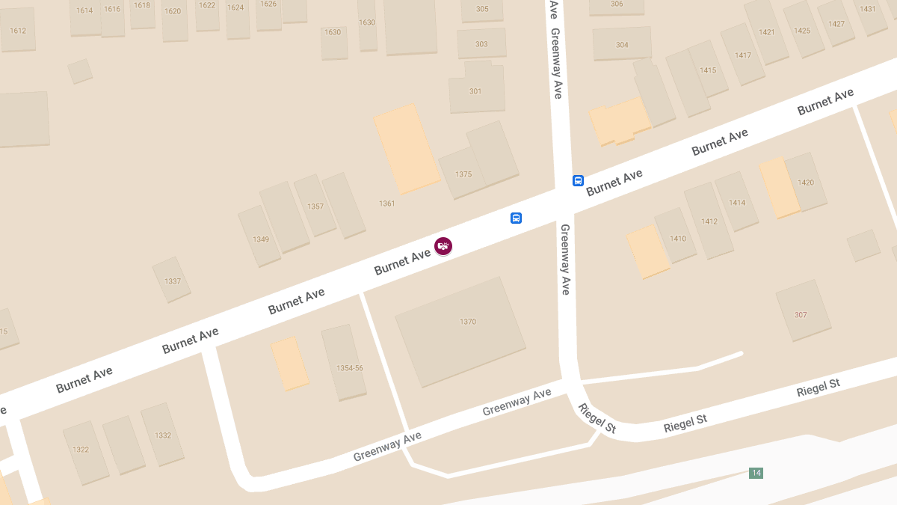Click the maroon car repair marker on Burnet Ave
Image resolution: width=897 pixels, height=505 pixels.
pyautogui.click(x=443, y=245)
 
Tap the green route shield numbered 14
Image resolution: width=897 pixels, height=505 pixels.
pyautogui.click(x=756, y=473)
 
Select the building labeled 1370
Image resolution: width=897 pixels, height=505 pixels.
pyautogui.click(x=468, y=322)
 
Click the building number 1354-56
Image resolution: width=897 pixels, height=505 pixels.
pyautogui.click(x=349, y=368)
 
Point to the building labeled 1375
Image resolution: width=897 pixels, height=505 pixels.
pyautogui.click(x=463, y=174)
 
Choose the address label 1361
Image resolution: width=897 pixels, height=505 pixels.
pyautogui.click(x=386, y=203)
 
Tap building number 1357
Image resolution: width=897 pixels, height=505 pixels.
pyautogui.click(x=315, y=206)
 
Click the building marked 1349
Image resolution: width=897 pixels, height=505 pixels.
pyautogui.click(x=261, y=239)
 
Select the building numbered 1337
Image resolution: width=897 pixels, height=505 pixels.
pyautogui.click(x=173, y=281)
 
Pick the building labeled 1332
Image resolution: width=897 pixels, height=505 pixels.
pyautogui.click(x=163, y=435)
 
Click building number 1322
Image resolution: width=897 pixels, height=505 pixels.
pyautogui.click(x=81, y=450)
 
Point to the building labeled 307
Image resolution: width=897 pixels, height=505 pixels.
pyautogui.click(x=801, y=315)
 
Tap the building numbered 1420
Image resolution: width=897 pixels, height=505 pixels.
pyautogui.click(x=806, y=183)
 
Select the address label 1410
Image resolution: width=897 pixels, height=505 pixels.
pyautogui.click(x=678, y=239)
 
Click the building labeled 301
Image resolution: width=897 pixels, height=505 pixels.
pyautogui.click(x=475, y=91)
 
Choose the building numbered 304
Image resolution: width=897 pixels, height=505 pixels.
pyautogui.click(x=622, y=45)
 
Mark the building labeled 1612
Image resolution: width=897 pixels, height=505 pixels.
pyautogui.click(x=18, y=31)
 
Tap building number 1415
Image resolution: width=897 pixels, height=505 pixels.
pyautogui.click(x=708, y=70)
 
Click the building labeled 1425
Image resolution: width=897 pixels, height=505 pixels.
pyautogui.click(x=802, y=31)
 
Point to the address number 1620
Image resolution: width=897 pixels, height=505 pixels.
pyautogui.click(x=173, y=11)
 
